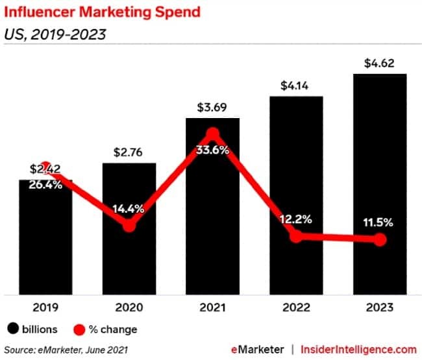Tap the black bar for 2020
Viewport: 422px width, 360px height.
[129, 259]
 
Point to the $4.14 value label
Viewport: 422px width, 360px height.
[297, 85]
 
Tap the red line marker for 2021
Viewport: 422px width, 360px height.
[212, 134]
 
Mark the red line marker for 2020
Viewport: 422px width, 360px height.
[129, 225]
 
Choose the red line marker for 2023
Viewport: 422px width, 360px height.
[380, 240]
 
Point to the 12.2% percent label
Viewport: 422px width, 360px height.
[297, 219]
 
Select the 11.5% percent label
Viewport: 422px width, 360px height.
[380, 222]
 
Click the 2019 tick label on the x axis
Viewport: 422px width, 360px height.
[45, 307]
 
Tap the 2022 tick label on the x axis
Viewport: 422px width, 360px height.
[297, 307]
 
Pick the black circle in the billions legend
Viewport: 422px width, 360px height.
[12, 329]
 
